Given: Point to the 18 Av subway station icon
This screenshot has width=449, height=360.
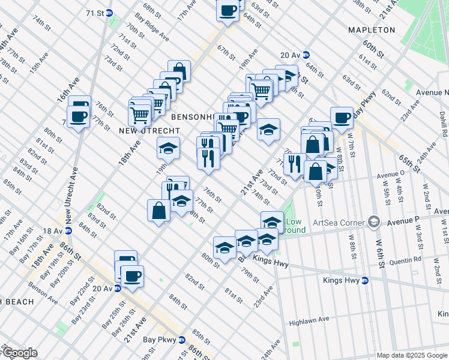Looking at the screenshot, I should pos(68,230).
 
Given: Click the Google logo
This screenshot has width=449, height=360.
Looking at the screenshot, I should pos(19,353).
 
